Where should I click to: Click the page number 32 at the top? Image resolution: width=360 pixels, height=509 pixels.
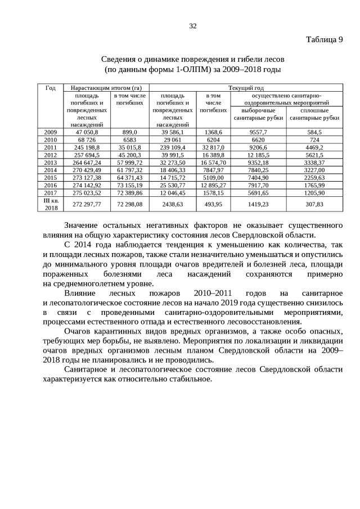pyautogui.click(x=193, y=26)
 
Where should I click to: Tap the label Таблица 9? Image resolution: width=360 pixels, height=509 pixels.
pyautogui.click(x=324, y=40)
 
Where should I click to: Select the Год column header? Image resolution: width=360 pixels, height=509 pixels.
pyautogui.click(x=50, y=88)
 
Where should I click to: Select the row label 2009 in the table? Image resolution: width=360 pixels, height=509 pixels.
pyautogui.click(x=50, y=132)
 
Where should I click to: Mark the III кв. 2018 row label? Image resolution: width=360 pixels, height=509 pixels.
pyautogui.click(x=50, y=204)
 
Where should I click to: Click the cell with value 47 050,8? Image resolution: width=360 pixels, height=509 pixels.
pyautogui.click(x=87, y=132)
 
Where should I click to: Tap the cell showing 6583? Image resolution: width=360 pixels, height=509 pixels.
pyautogui.click(x=130, y=139)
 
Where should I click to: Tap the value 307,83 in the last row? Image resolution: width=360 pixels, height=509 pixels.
pyautogui.click(x=315, y=204)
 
